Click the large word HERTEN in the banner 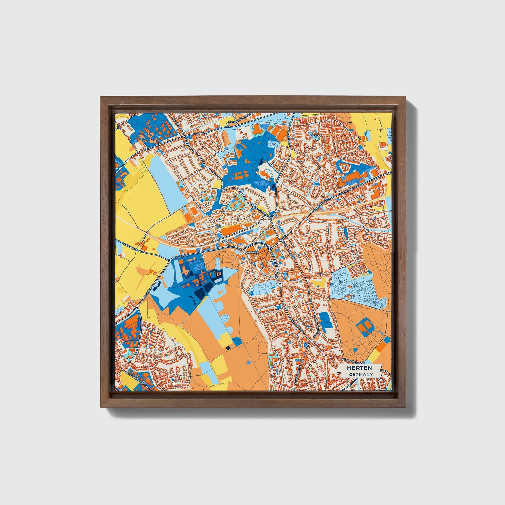359,368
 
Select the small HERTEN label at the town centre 252,252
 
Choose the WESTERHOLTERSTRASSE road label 239,119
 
